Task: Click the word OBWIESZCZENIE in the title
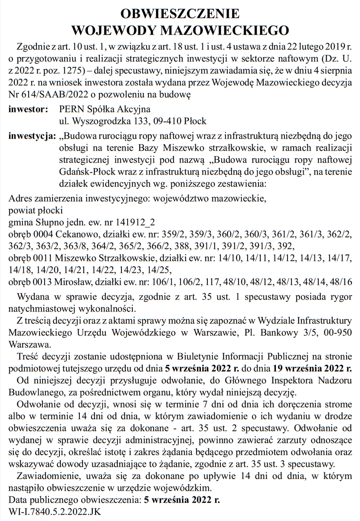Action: (x=180, y=13)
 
